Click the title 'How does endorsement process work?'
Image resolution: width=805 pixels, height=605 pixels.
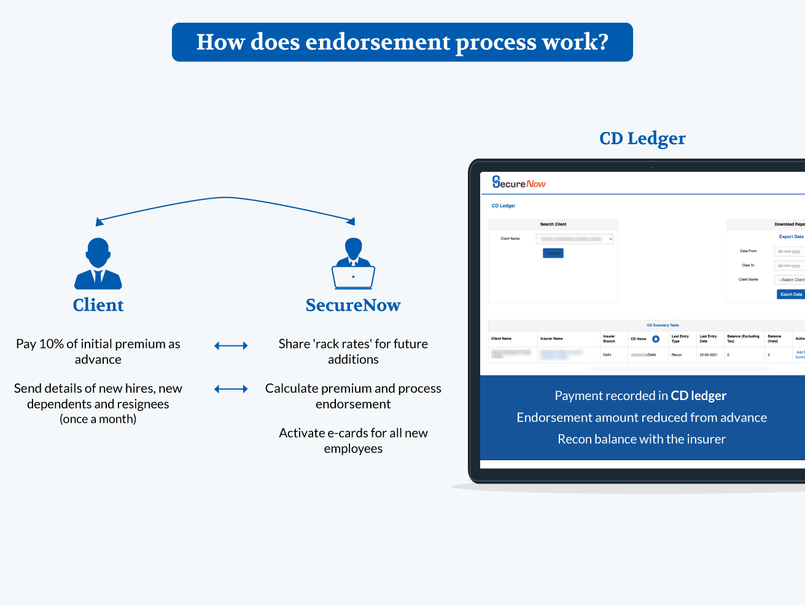coord(402,42)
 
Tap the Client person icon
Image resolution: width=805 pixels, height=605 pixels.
coord(98,264)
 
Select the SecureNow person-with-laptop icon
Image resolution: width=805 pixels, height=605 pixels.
coord(353,264)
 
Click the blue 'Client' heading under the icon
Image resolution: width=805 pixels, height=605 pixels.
coord(98,305)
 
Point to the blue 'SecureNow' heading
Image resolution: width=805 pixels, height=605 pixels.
coord(353,305)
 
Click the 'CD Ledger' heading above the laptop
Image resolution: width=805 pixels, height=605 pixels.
coord(642,139)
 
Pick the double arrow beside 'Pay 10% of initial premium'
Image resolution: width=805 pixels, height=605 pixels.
coord(231,346)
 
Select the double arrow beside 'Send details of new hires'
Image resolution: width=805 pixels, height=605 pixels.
coord(231,389)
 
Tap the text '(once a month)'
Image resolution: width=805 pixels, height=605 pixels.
coord(98,419)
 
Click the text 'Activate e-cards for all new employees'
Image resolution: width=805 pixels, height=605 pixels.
coord(353,441)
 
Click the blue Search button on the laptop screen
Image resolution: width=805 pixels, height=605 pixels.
coord(553,253)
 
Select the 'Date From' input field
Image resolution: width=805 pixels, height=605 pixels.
coord(790,252)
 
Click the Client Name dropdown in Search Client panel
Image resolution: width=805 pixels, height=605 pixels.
coord(575,239)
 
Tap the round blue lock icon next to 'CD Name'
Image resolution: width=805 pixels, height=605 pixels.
coord(656,339)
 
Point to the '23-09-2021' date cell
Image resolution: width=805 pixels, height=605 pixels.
coord(708,355)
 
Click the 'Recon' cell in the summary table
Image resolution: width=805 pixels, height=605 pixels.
coord(677,355)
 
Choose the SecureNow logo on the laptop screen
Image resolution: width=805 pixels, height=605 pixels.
coord(519,182)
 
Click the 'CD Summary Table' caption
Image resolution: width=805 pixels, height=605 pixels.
coord(663,325)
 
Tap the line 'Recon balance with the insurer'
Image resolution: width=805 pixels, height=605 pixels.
coord(642,439)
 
